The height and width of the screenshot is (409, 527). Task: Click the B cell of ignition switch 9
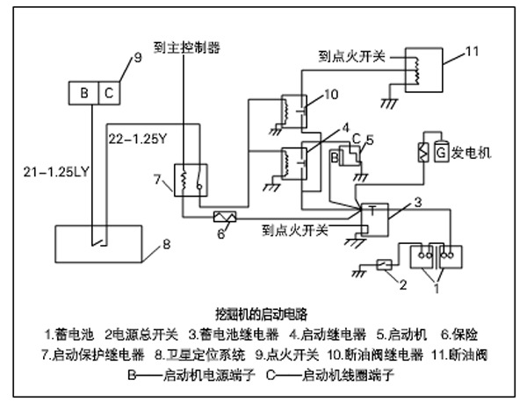(83, 92)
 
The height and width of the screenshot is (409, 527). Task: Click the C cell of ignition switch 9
(107, 92)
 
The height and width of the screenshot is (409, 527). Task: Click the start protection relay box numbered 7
(190, 180)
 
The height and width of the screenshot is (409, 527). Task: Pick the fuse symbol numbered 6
(223, 215)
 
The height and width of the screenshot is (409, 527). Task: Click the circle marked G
(440, 152)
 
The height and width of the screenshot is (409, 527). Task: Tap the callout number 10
(330, 93)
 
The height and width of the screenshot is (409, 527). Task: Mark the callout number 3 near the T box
(418, 203)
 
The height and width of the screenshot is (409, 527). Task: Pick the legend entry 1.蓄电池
(69, 335)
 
